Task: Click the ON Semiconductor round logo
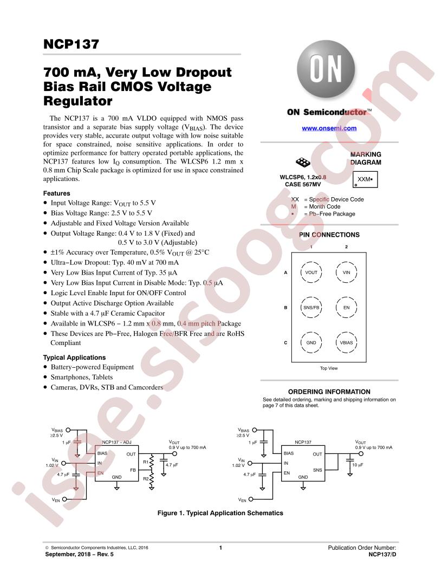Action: [326, 69]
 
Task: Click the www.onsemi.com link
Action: [329, 128]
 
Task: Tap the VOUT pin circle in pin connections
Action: [311, 272]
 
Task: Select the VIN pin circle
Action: [346, 272]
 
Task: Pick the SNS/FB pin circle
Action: [311, 308]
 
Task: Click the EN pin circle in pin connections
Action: [346, 308]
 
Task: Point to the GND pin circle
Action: [311, 342]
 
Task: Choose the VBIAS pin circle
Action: [346, 342]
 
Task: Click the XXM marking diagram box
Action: [365, 179]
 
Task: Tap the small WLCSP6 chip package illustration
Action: [303, 161]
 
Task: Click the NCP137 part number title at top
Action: [71, 44]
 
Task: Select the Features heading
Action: [56, 193]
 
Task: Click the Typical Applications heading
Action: [74, 357]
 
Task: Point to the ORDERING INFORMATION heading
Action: [329, 392]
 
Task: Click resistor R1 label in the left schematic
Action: [146, 462]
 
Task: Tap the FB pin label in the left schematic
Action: [133, 470]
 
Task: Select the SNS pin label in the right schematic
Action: [317, 470]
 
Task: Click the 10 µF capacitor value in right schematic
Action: [357, 465]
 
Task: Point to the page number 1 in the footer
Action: [220, 548]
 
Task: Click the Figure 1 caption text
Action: [220, 513]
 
